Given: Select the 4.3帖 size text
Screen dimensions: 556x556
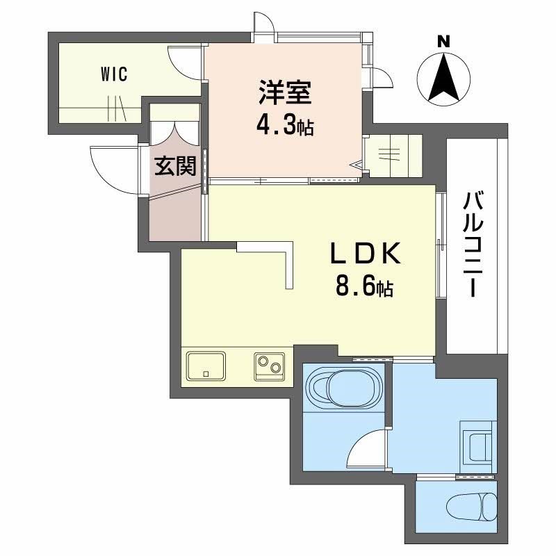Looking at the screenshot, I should pos(284,125).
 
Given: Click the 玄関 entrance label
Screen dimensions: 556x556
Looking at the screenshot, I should pos(174,166).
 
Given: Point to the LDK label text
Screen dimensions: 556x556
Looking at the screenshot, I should pos(364,255).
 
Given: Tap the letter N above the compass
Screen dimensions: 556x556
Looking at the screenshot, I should pos(442,42).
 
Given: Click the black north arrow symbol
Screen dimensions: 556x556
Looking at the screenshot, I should pos(443,78).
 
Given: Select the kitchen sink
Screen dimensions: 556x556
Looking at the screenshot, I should pos(206,365).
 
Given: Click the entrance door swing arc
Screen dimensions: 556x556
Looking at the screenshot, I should pos(111,167).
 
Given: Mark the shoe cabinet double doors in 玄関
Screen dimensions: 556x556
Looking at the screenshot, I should pos(174,132).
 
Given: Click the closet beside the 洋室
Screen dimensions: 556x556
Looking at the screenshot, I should pos(393,155).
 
